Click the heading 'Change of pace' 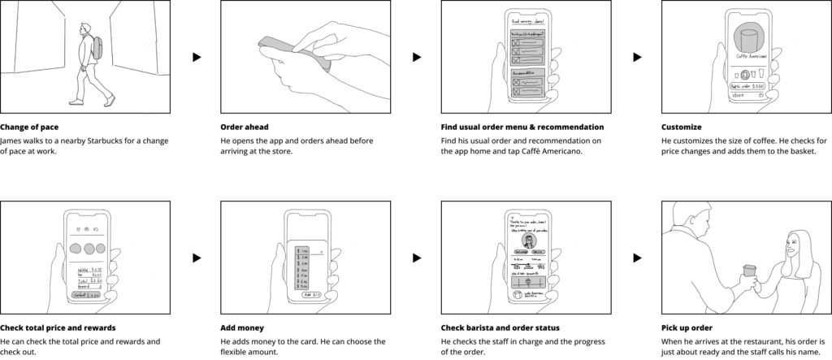click(29, 128)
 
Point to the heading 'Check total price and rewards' click(58, 327)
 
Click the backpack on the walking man click(97, 47)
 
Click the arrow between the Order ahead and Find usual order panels click(416, 58)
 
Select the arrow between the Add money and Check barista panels click(416, 258)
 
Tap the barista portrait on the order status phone click(529, 243)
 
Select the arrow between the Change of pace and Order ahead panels click(196, 58)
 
